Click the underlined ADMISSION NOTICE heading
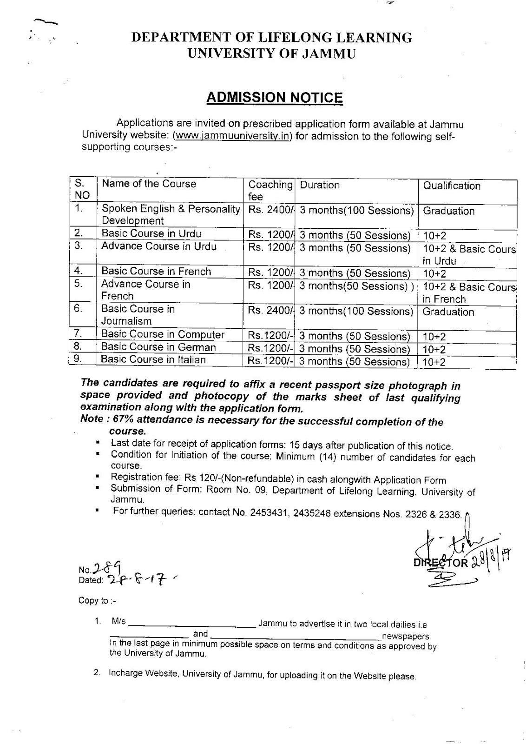click(x=274, y=98)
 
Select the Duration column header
click(x=320, y=185)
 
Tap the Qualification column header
click(x=451, y=186)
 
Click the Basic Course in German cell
click(x=158, y=347)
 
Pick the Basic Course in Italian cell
click(x=153, y=359)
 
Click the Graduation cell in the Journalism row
click(x=448, y=312)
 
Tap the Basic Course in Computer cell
click(x=163, y=334)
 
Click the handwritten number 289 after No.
click(x=107, y=567)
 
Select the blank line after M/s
click(x=191, y=624)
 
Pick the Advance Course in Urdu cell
click(x=159, y=246)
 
